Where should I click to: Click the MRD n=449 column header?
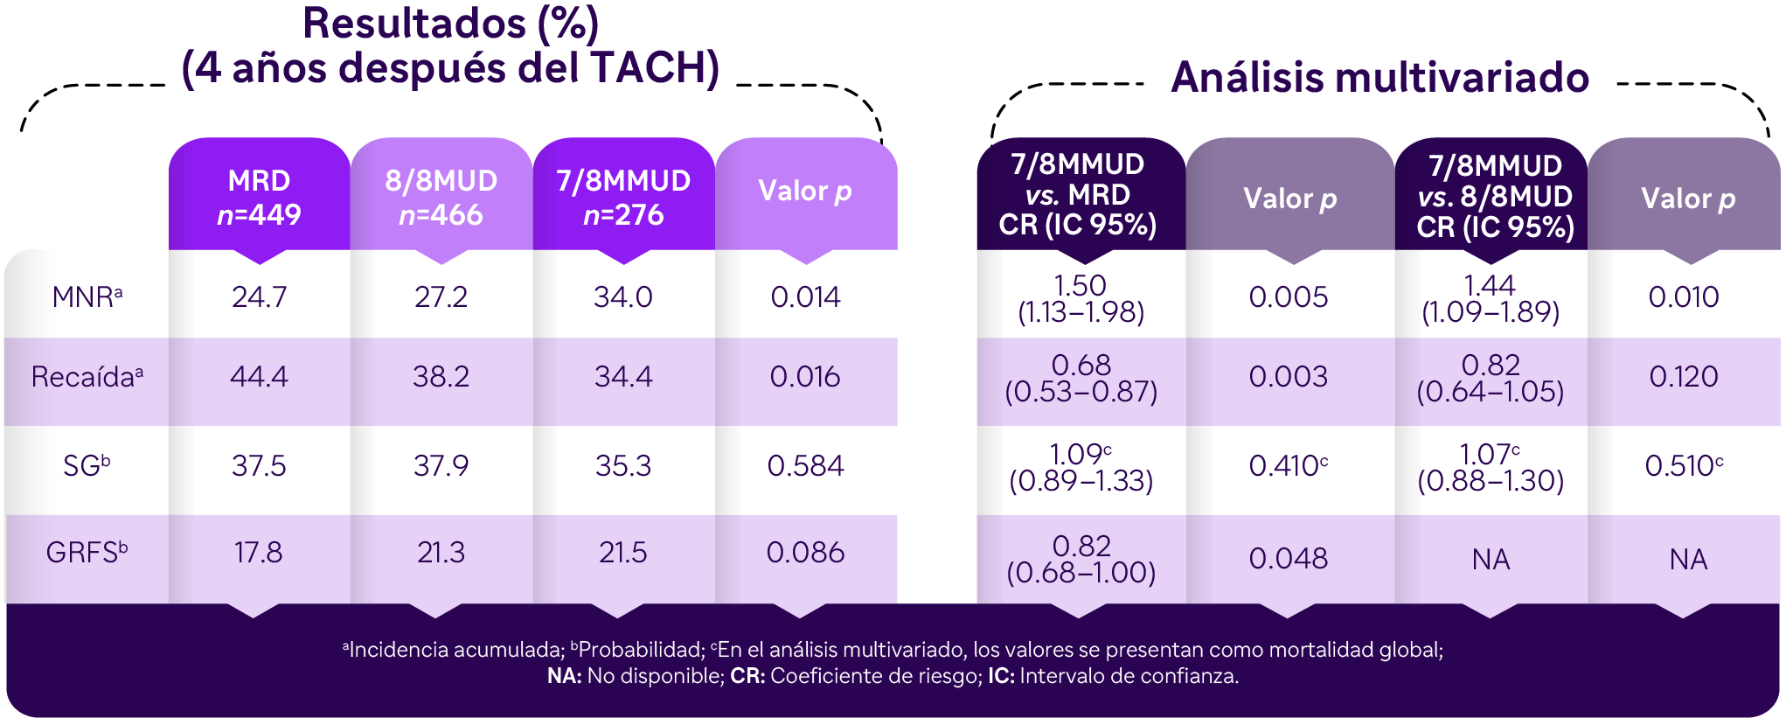[259, 198]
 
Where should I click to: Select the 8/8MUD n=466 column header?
[441, 198]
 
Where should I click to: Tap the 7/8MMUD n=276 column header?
[623, 198]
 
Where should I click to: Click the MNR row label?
[87, 297]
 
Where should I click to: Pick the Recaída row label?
[87, 377]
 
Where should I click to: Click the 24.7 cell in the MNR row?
[259, 297]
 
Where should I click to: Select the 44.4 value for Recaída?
[259, 377]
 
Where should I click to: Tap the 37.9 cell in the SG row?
[441, 465]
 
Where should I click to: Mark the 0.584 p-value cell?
[805, 465]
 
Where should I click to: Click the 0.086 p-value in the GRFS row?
[805, 553]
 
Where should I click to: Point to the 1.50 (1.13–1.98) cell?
[1081, 299]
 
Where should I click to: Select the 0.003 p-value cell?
[1288, 377]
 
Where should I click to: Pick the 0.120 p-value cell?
[1684, 377]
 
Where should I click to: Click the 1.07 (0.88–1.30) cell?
[1491, 467]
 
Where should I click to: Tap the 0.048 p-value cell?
[1288, 558]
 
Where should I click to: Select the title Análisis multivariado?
[1379, 77]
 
